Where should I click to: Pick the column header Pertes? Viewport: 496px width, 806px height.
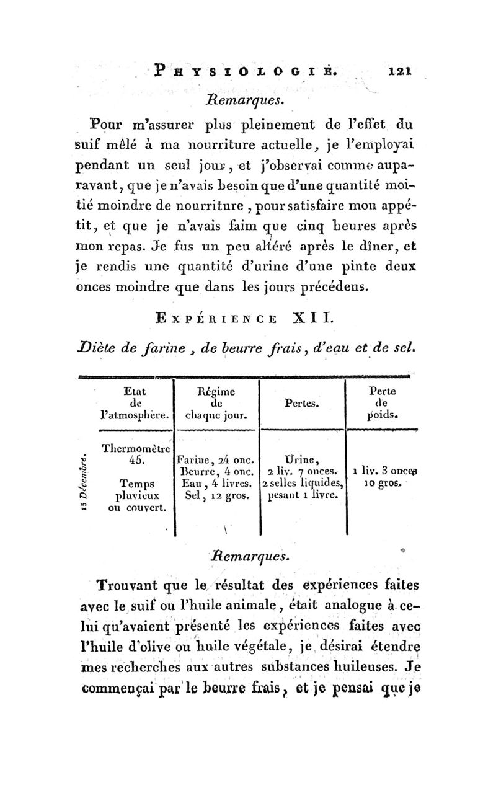[x=301, y=403]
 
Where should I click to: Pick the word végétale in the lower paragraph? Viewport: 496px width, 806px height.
[x=250, y=649]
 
